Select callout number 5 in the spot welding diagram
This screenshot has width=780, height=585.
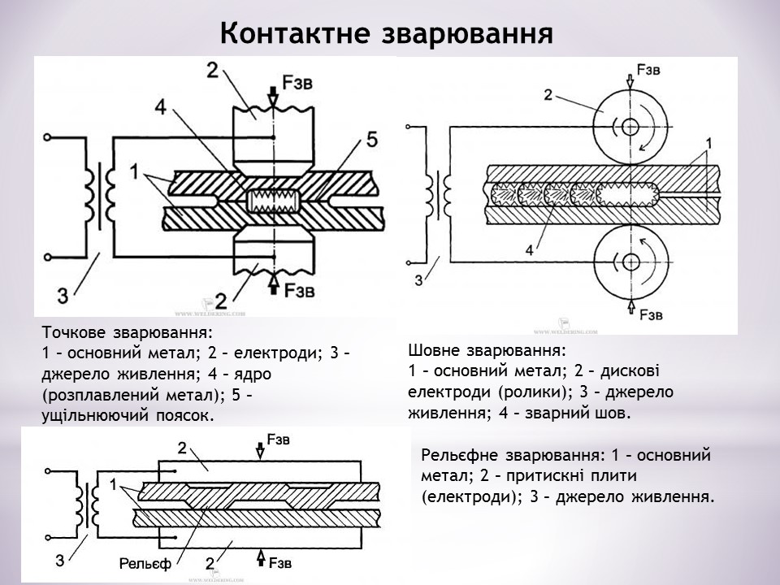coord(371,140)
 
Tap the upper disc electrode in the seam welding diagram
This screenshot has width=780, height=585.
coord(628,125)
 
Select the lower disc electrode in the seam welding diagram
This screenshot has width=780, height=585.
coord(628,261)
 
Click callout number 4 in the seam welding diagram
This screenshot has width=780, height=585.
coord(530,250)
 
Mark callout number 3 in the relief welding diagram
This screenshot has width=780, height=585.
coord(60,559)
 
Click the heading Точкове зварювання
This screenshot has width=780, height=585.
coord(126,332)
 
